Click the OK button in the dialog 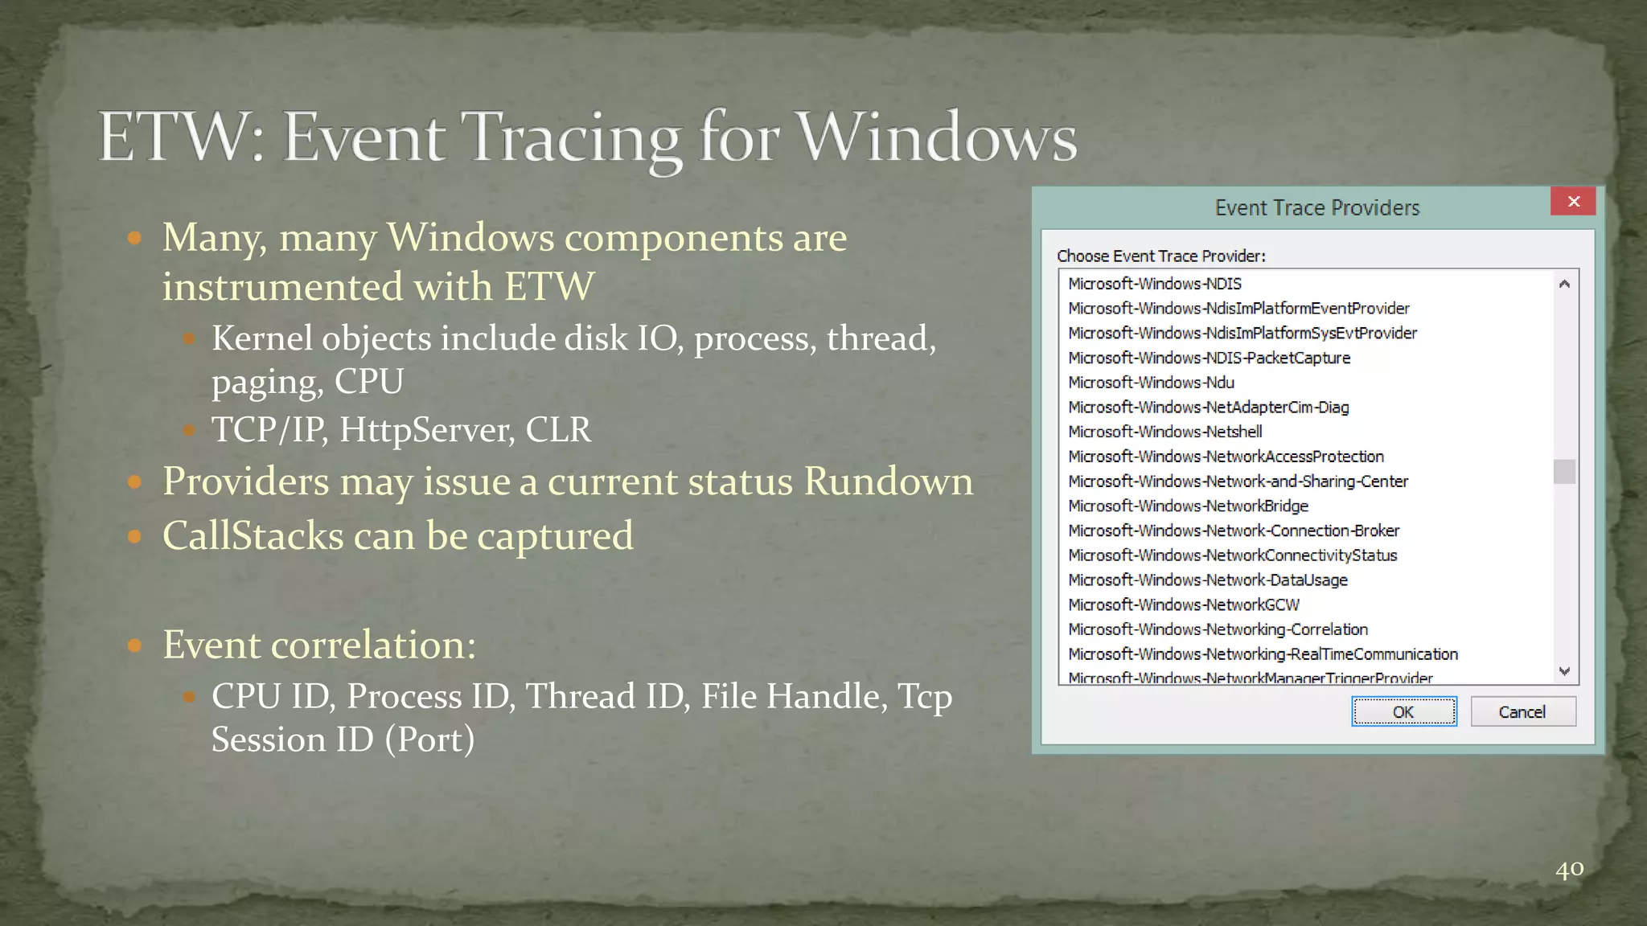click(x=1403, y=711)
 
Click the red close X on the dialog click(x=1573, y=201)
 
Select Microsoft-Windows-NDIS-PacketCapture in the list click(x=1209, y=358)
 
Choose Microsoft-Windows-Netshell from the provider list click(x=1164, y=432)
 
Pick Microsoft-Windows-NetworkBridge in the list click(x=1188, y=506)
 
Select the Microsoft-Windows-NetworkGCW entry click(x=1183, y=604)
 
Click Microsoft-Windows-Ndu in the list click(x=1151, y=383)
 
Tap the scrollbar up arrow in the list click(x=1564, y=284)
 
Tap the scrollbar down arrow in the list click(x=1564, y=670)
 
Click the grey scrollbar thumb click(x=1564, y=472)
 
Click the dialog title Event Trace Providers click(x=1316, y=208)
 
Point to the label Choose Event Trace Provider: click(x=1160, y=256)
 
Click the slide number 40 click(x=1569, y=869)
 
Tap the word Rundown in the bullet click(x=888, y=481)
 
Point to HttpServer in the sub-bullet click(x=426, y=429)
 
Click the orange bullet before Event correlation click(x=134, y=645)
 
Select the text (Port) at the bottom click(x=429, y=740)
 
